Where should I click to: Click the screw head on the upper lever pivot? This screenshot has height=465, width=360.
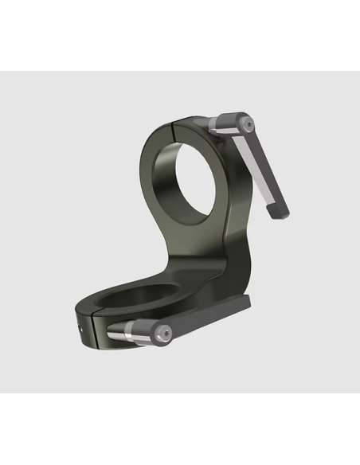point(248,124)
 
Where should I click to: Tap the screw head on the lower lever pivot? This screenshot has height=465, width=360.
point(163,333)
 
